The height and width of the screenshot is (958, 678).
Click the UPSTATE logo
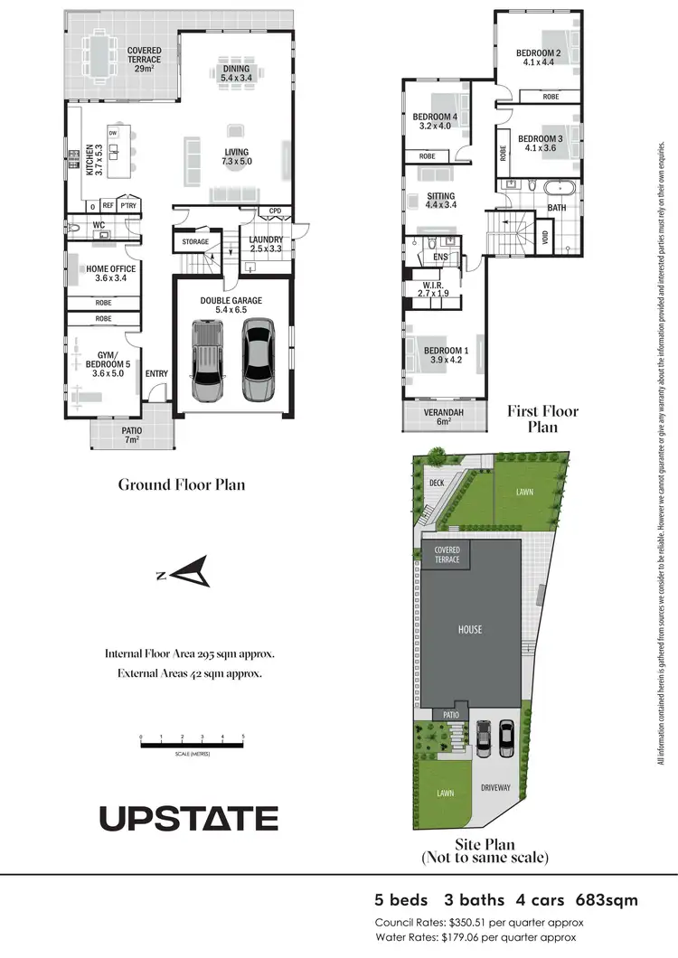[188, 818]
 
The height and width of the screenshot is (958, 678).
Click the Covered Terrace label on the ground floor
[145, 60]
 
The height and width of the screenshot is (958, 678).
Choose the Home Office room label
[111, 274]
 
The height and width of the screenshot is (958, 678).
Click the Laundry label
[267, 244]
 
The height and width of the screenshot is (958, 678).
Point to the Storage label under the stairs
[195, 242]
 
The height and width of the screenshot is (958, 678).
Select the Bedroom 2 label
[540, 58]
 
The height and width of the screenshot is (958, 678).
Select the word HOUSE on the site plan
[470, 630]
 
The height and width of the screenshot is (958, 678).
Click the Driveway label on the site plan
[496, 788]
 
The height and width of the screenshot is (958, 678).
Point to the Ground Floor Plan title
[182, 484]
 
